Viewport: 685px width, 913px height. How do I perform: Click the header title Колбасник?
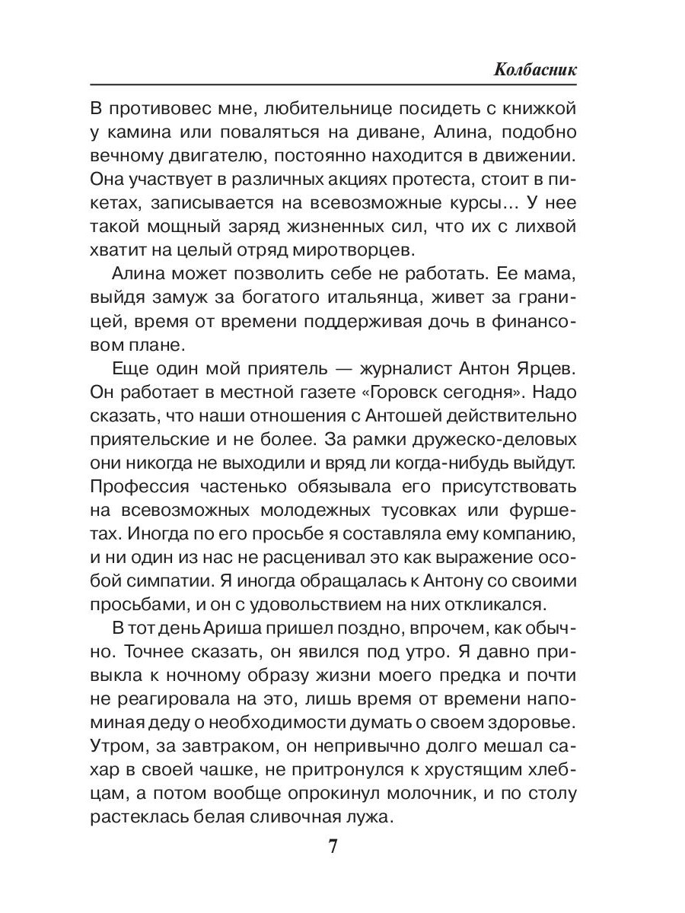534,69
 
